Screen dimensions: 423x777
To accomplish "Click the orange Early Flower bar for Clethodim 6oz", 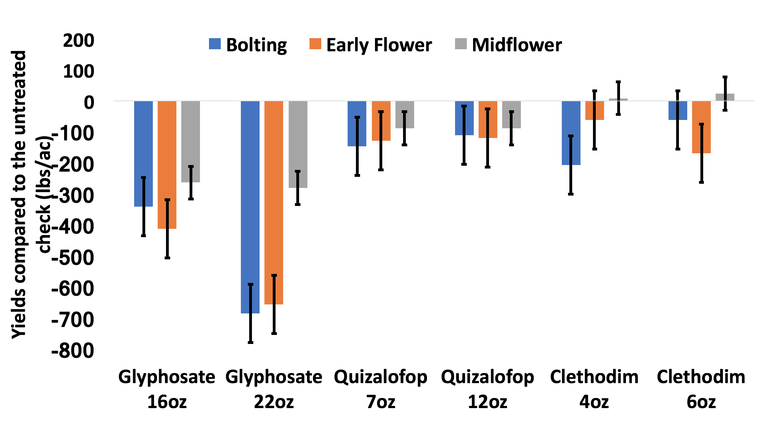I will click(701, 114).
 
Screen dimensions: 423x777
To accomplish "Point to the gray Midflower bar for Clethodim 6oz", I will click(725, 97).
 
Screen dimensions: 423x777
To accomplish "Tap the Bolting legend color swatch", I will click(215, 44).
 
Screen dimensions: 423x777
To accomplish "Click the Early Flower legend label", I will click(379, 45).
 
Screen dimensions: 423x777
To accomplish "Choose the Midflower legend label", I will click(516, 45).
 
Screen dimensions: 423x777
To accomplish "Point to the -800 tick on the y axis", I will click(73, 351).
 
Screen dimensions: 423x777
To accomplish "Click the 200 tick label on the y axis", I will click(79, 41).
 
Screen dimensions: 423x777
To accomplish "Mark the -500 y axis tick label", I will click(73, 258).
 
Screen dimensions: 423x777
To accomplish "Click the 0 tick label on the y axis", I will click(89, 103).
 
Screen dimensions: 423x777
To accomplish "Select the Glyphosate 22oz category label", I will click(274, 389).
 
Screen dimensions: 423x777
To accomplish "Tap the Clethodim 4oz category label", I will click(594, 389).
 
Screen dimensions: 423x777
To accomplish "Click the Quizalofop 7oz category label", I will click(381, 389).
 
